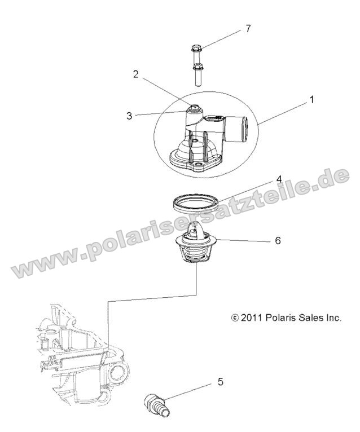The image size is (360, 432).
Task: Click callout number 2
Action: (x=135, y=74)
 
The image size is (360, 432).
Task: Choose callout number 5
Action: (x=220, y=382)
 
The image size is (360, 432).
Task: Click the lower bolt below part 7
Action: (x=197, y=74)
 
